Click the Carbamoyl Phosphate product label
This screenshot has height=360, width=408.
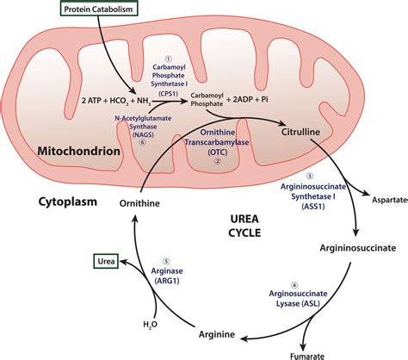coord(210,100)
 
